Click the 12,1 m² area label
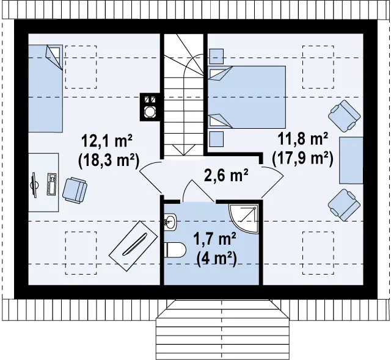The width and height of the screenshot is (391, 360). click(x=107, y=141)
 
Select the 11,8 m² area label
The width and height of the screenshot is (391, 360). click(x=302, y=139)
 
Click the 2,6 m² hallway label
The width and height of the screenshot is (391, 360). click(x=226, y=175)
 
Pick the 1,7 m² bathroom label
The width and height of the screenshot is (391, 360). click(x=214, y=240)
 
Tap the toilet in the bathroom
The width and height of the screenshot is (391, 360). click(x=175, y=250)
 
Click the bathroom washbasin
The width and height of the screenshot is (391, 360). click(x=170, y=221)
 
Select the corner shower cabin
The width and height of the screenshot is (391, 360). click(x=243, y=218)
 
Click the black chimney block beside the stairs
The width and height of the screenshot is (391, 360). click(x=150, y=107)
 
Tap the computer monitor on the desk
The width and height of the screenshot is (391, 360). click(x=35, y=185)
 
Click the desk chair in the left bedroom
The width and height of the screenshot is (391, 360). click(x=75, y=190)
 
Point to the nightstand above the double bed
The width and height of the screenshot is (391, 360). click(x=216, y=57)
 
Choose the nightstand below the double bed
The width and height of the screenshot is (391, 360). click(x=216, y=139)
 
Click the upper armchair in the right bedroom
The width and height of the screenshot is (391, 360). click(x=345, y=116)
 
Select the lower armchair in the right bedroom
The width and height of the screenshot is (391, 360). click(x=345, y=205)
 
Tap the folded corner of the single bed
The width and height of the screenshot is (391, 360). click(x=54, y=57)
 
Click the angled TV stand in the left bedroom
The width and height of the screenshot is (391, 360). click(x=133, y=246)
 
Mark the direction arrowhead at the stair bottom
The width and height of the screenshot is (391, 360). click(x=183, y=150)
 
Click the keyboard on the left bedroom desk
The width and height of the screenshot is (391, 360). click(x=53, y=184)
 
